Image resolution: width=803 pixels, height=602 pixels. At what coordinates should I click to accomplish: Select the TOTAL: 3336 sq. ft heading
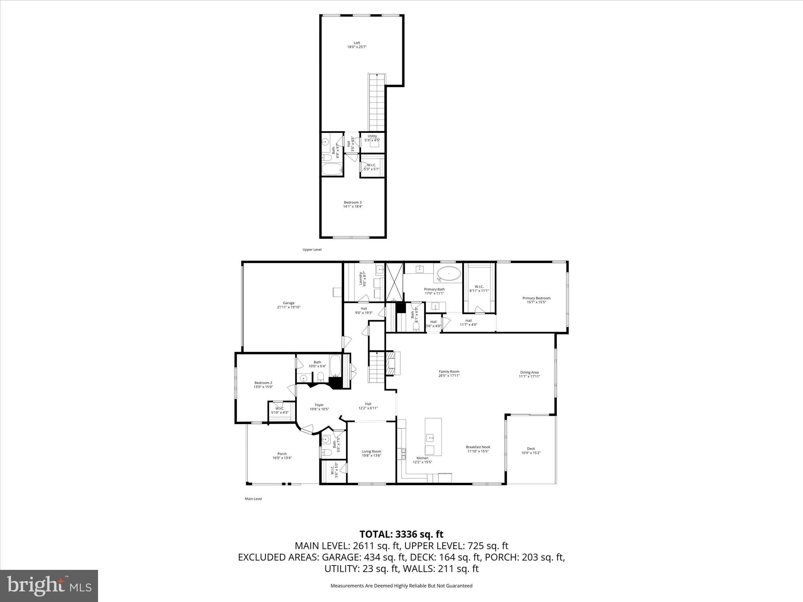[401, 534]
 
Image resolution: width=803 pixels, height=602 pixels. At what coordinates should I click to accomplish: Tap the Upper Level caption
[312, 250]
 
